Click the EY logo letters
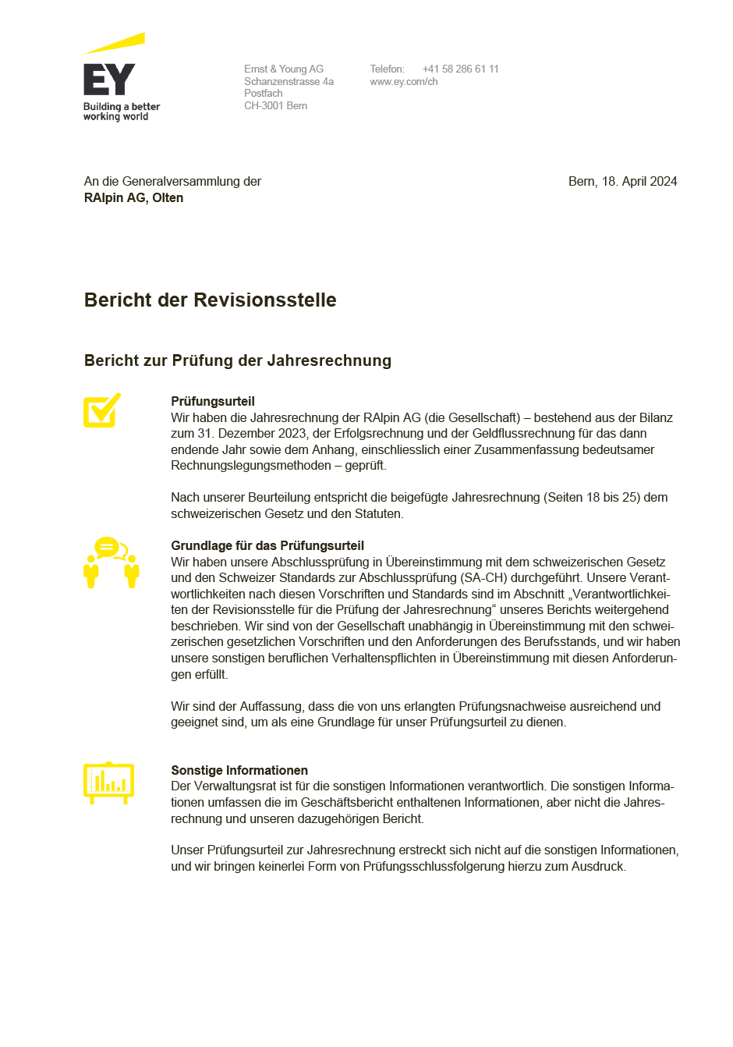click(109, 80)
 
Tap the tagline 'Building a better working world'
click(121, 112)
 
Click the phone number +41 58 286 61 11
click(460, 69)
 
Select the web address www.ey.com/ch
click(403, 81)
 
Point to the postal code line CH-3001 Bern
click(275, 105)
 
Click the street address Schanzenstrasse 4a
click(289, 81)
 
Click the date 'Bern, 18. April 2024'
click(622, 181)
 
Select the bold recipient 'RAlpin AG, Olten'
click(133, 198)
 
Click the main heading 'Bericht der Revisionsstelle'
click(210, 300)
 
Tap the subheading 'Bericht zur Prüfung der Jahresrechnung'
click(237, 360)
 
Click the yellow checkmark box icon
click(102, 410)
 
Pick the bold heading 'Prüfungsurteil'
click(213, 402)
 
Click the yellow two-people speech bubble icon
click(111, 562)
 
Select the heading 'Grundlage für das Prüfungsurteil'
click(267, 546)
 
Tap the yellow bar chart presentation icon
click(108, 783)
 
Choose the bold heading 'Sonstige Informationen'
click(239, 771)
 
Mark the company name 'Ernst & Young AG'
click(283, 69)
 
